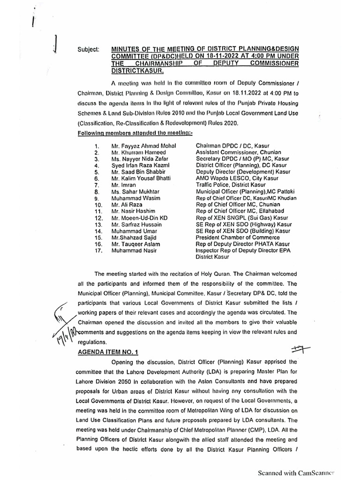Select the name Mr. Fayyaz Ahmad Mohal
coord(143,146)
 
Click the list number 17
coord(98,251)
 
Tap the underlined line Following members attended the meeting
coord(130,134)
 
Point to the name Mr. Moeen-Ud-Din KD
coord(139,218)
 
